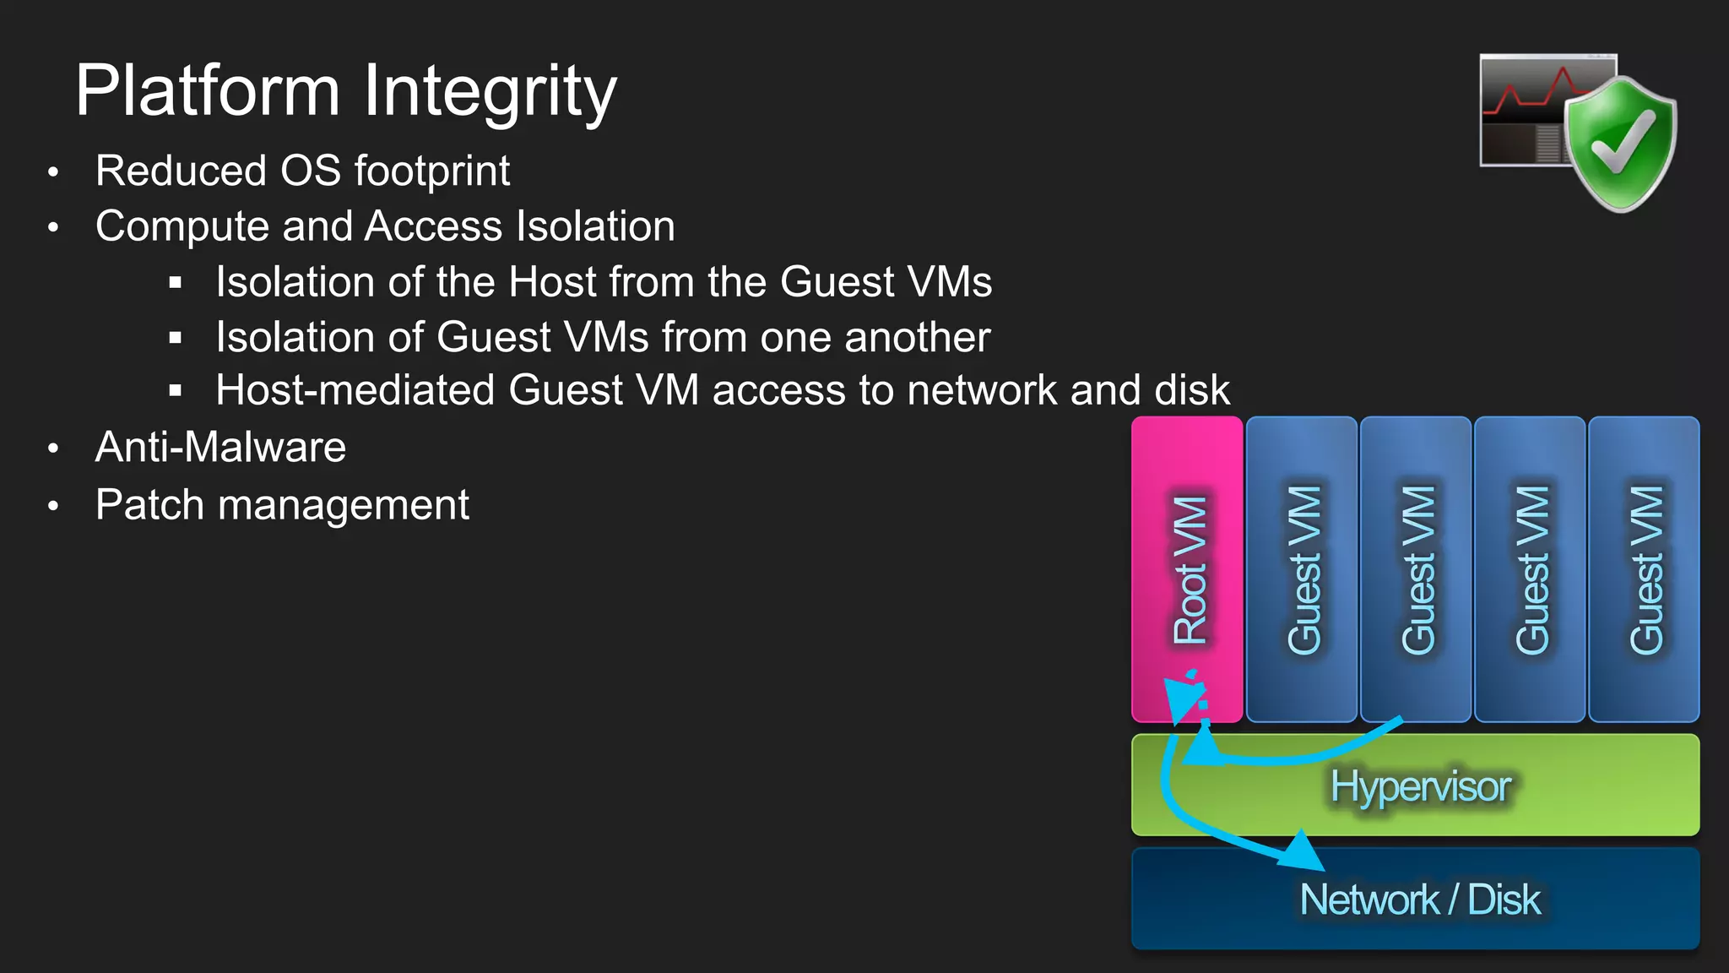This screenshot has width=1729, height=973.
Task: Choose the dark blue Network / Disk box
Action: point(1415,899)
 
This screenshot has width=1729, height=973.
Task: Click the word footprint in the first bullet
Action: point(432,171)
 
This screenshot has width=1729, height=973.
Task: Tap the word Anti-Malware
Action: point(220,447)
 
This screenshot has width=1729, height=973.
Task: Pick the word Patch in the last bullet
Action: point(150,505)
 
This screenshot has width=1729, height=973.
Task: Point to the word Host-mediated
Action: point(355,390)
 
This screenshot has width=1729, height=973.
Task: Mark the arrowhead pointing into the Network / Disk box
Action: point(1303,852)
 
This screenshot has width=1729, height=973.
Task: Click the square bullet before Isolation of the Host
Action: point(176,283)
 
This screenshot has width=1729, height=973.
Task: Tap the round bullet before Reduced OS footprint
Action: point(53,172)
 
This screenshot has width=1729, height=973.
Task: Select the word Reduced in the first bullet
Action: point(181,171)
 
